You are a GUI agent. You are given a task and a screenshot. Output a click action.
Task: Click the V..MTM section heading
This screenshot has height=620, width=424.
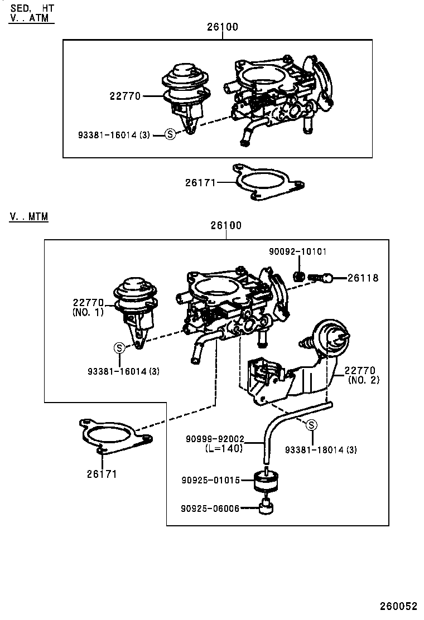click(28, 216)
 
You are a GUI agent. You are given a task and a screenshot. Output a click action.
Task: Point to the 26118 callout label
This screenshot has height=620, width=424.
click(363, 278)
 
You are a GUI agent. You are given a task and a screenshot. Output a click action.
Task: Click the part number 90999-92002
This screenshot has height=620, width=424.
click(215, 439)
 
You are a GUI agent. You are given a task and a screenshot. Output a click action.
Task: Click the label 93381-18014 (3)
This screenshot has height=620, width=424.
click(321, 449)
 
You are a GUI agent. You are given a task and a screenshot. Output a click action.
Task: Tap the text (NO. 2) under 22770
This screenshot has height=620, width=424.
click(363, 380)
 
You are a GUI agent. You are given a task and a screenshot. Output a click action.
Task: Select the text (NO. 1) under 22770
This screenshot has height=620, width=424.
click(88, 312)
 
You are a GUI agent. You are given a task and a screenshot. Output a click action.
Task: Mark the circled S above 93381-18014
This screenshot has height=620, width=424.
click(312, 425)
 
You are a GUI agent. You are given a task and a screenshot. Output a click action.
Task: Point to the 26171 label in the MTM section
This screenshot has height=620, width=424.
click(102, 474)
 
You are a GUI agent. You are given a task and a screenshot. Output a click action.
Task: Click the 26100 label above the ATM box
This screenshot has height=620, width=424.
click(222, 27)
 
